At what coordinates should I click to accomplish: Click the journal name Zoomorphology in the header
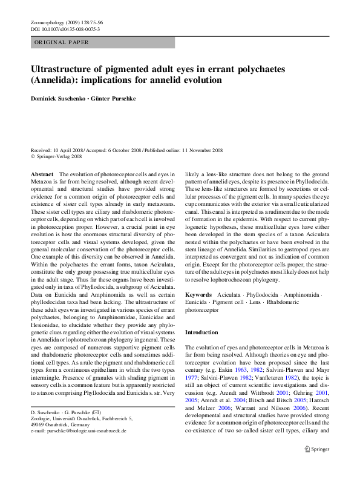click(x=48, y=22)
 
